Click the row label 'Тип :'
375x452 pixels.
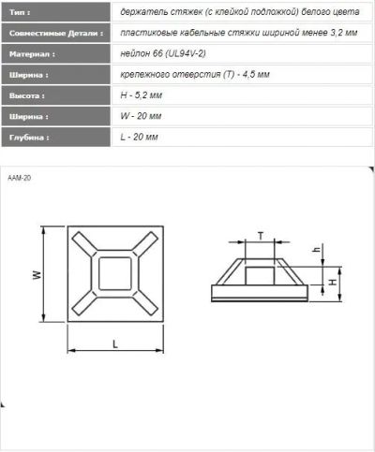[20, 12]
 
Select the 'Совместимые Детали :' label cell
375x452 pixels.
[56, 33]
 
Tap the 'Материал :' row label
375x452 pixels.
[32, 54]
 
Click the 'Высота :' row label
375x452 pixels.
[27, 95]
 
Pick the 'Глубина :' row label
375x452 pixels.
[29, 138]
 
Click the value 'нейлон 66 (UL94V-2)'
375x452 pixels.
[163, 53]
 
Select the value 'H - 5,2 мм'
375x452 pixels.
[142, 95]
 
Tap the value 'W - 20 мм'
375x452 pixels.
[141, 116]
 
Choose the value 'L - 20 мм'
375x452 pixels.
[139, 137]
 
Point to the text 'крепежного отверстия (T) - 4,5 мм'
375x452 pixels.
[195, 75]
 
